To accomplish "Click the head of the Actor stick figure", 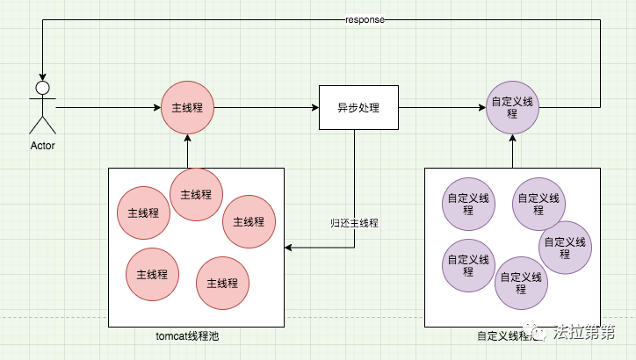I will point(40,88).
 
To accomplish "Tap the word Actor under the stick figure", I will point(41,145).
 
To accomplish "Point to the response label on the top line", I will point(364,19).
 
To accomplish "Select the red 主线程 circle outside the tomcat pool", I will point(187,107).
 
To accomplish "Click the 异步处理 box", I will point(358,108).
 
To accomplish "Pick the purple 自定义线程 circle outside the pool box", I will point(512,108).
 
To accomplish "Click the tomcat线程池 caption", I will point(196,335).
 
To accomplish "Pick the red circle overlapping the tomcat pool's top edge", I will point(196,194).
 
